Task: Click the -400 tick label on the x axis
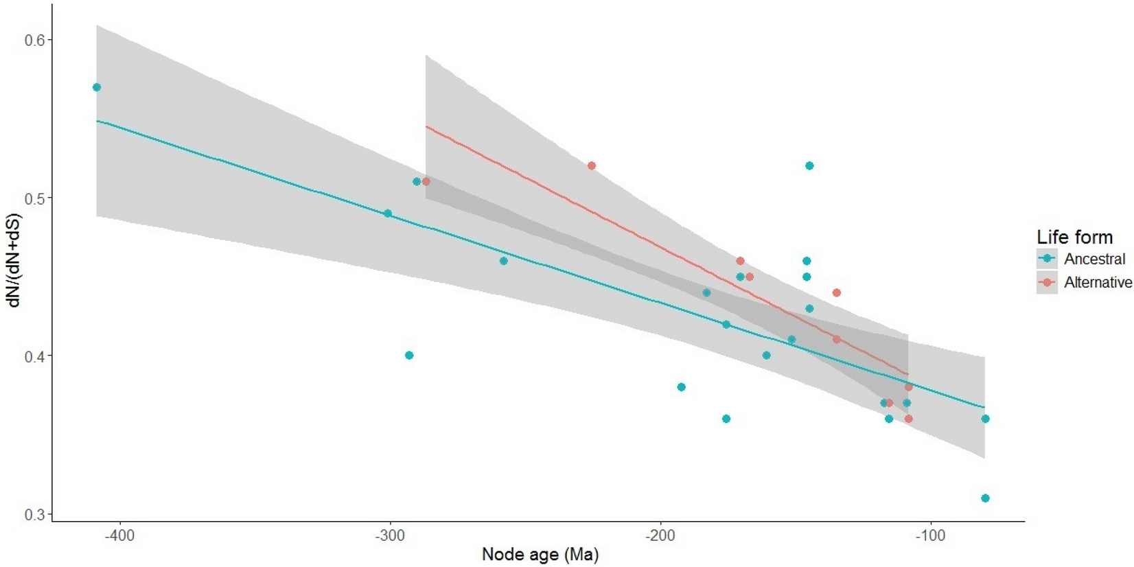coord(119,535)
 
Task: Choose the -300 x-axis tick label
coord(390,535)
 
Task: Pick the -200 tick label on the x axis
coord(660,535)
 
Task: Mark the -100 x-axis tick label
coord(930,535)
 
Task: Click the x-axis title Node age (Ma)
coord(540,554)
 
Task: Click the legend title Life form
coord(1074,238)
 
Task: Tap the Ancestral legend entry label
coord(1094,259)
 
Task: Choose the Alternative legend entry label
coord(1098,282)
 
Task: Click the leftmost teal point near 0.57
coord(97,87)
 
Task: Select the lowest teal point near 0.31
coord(985,498)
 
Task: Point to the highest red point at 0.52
coord(592,166)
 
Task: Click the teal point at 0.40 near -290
coord(409,356)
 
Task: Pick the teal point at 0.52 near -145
coord(809,166)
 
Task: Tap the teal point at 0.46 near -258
coord(504,261)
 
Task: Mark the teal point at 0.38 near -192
coord(681,387)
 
